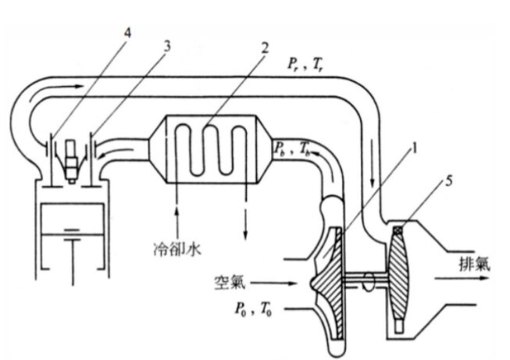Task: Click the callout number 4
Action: pyautogui.click(x=128, y=33)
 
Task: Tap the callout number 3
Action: pyautogui.click(x=166, y=47)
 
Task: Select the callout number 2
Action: pyautogui.click(x=265, y=48)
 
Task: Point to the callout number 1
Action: pyautogui.click(x=413, y=149)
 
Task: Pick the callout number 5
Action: pyautogui.click(x=448, y=181)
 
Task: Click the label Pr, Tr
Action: pyautogui.click(x=304, y=65)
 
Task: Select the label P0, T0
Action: pyautogui.click(x=253, y=309)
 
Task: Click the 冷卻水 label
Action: pyautogui.click(x=177, y=249)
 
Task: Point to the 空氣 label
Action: pyautogui.click(x=230, y=283)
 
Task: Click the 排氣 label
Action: pyautogui.click(x=474, y=264)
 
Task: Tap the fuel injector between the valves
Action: pyautogui.click(x=72, y=161)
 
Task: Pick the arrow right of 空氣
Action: pyautogui.click(x=274, y=283)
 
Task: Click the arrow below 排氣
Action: pyautogui.click(x=462, y=278)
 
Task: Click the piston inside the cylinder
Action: pyautogui.click(x=72, y=219)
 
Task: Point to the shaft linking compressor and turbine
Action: pyautogui.click(x=366, y=280)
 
